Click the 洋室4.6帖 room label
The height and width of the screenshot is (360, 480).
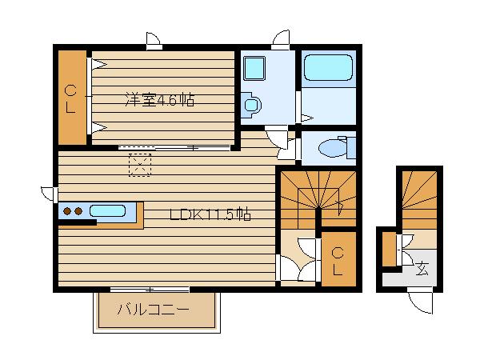(159, 101)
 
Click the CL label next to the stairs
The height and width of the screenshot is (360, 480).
(338, 261)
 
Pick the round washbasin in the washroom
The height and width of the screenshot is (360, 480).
(251, 103)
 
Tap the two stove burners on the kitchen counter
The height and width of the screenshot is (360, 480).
(73, 212)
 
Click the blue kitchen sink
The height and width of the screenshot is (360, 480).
(107, 212)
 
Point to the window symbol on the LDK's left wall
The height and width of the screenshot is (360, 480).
(48, 193)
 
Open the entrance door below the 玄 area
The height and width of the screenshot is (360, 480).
(421, 301)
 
